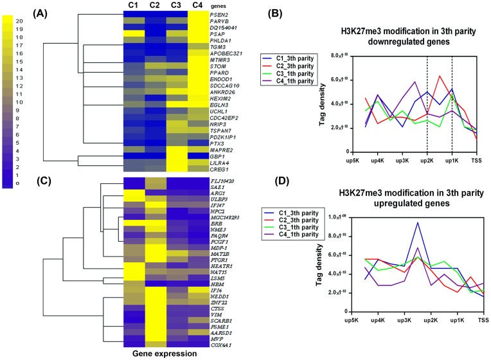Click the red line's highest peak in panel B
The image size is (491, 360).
click(x=440, y=76)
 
